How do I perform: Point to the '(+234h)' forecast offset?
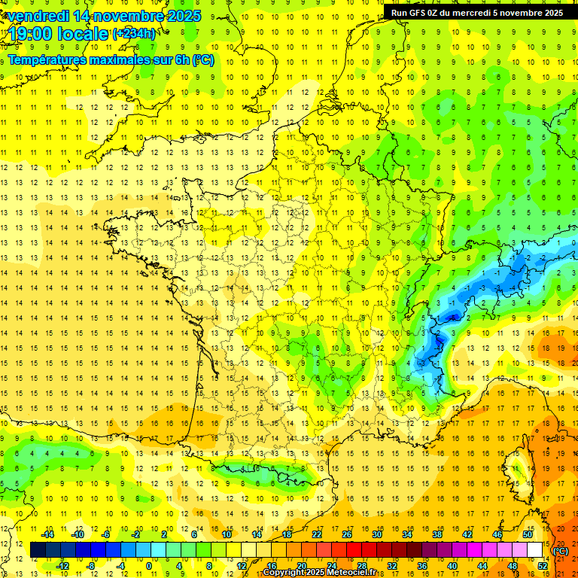pyautogui.click(x=135, y=34)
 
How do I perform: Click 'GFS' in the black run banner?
pyautogui.click(x=419, y=13)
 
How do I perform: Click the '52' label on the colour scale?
pyautogui.click(x=543, y=566)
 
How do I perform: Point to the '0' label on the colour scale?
pyautogui.click(x=149, y=566)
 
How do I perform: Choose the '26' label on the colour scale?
pyautogui.click(x=347, y=534)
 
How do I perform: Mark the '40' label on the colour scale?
pyautogui.click(x=452, y=566)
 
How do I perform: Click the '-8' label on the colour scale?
pyautogui.click(x=90, y=566)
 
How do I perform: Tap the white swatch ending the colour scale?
pyautogui.click(x=535, y=550)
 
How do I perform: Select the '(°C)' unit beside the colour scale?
pyautogui.click(x=561, y=550)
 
